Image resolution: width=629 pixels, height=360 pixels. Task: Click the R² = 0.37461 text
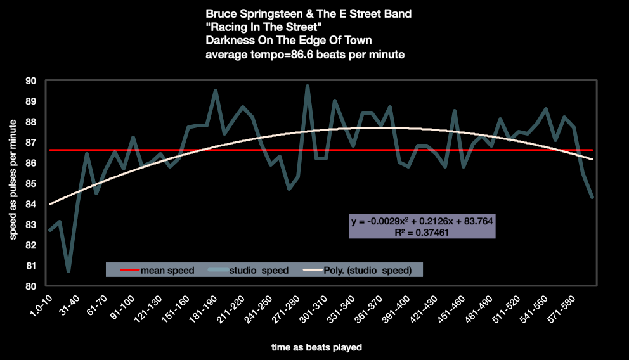(x=422, y=232)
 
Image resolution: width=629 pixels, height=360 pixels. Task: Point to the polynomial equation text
(x=422, y=221)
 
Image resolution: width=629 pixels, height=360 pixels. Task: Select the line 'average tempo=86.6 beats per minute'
(x=306, y=55)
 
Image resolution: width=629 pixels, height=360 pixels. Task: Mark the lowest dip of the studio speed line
(x=68, y=271)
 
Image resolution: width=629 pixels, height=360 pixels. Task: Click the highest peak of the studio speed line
(x=308, y=86)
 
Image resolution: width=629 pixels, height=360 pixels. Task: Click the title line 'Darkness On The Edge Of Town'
(x=285, y=41)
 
